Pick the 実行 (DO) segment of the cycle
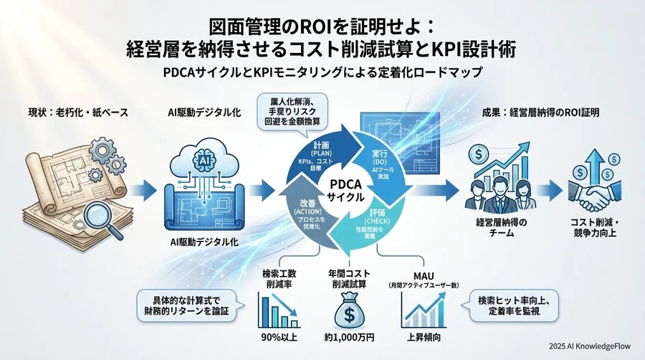pos(379,161)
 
